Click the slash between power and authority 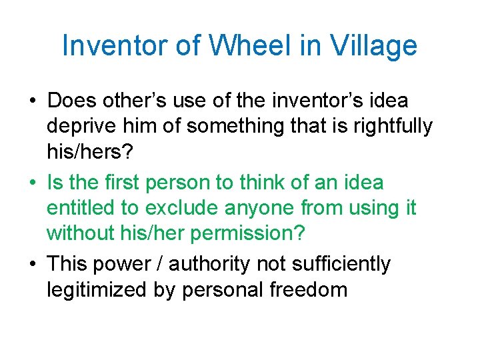coord(160,264)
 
